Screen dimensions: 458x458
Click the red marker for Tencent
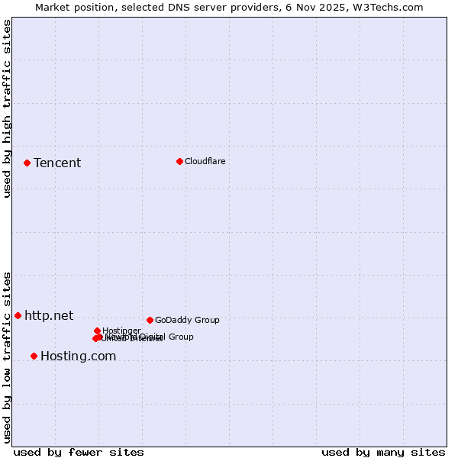tap(27, 163)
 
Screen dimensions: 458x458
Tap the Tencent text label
tap(57, 163)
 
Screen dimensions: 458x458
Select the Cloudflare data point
tap(179, 161)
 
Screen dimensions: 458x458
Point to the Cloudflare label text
tap(205, 161)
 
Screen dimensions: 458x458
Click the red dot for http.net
tap(18, 315)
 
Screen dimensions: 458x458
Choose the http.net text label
tap(49, 315)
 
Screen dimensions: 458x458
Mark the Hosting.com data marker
tap(34, 356)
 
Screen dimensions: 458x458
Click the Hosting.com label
tap(78, 356)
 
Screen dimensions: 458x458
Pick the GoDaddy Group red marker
tap(150, 320)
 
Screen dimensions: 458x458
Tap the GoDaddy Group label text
tap(187, 320)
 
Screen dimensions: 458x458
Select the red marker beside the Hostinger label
tap(97, 331)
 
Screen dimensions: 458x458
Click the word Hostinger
tap(121, 331)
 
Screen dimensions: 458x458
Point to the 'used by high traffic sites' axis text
tap(8, 108)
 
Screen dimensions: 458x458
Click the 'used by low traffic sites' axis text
tap(8, 356)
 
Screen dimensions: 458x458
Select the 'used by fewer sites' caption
tap(79, 452)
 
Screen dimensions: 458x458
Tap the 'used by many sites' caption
tap(383, 452)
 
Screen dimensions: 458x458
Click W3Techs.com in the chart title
tap(392, 7)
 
